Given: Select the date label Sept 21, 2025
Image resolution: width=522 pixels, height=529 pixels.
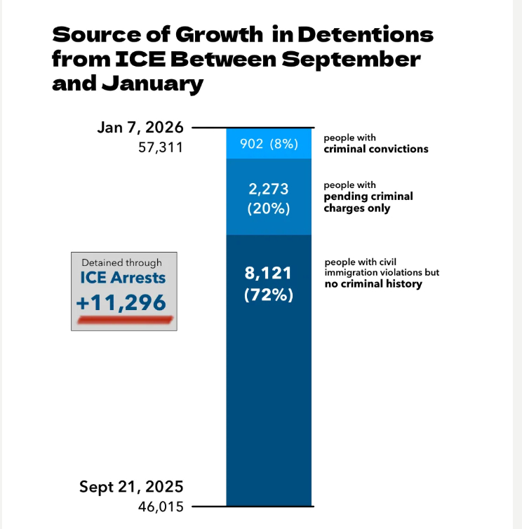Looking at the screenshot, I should pyautogui.click(x=131, y=487).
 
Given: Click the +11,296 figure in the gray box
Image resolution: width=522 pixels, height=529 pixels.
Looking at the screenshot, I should pyautogui.click(x=123, y=302).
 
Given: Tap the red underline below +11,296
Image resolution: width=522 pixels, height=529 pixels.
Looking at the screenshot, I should pyautogui.click(x=124, y=319).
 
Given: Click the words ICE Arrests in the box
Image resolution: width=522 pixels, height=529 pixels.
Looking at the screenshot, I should pyautogui.click(x=123, y=279).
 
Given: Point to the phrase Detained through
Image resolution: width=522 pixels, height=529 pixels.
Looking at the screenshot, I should pyautogui.click(x=122, y=262).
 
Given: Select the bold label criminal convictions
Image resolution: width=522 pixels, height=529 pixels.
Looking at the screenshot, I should pyautogui.click(x=375, y=149).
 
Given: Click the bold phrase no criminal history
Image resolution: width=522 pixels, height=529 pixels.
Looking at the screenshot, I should pyautogui.click(x=372, y=285).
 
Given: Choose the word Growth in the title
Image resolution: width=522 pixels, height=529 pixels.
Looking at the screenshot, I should pyautogui.click(x=196, y=34).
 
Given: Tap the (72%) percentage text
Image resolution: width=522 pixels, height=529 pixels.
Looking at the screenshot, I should pyautogui.click(x=268, y=295).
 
